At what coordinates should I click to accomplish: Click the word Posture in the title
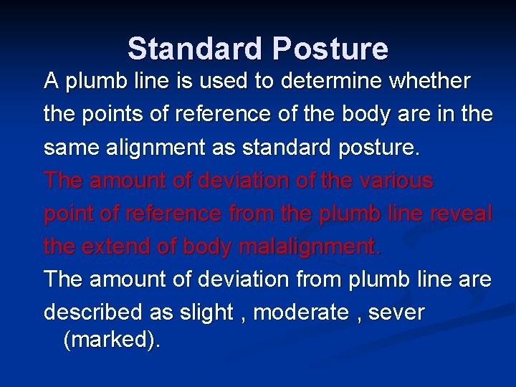click(330, 49)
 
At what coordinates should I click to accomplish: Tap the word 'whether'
click(429, 81)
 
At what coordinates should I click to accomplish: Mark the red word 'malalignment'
click(309, 247)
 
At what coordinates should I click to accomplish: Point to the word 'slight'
click(204, 313)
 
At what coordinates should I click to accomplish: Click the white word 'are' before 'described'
click(475, 279)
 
